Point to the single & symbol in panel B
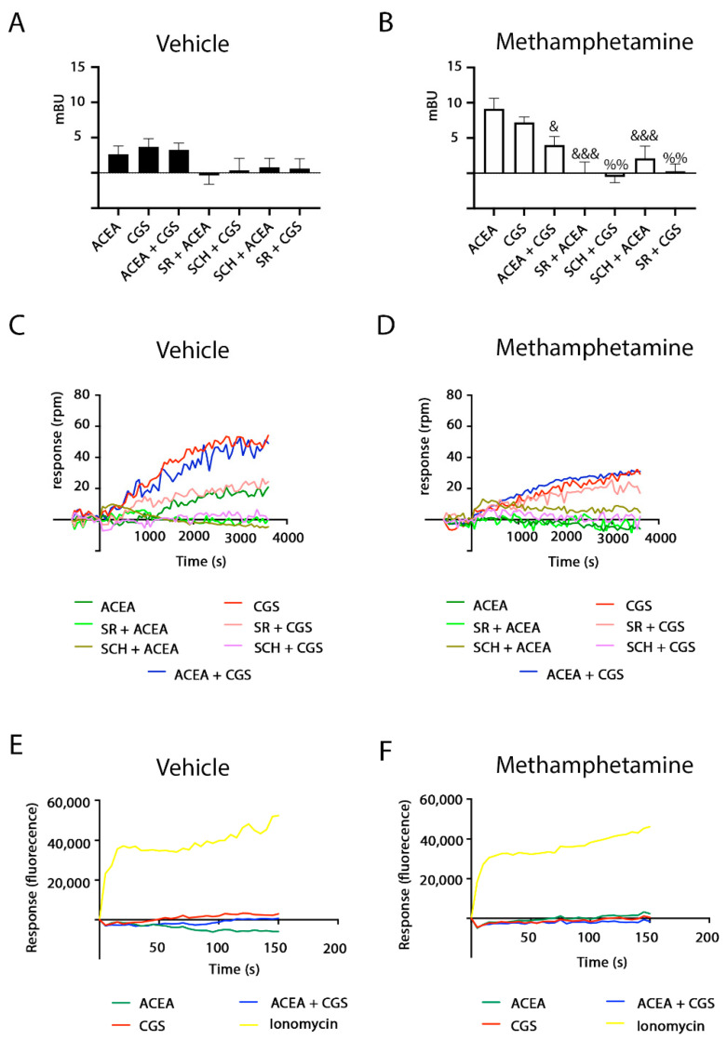[554, 127]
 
